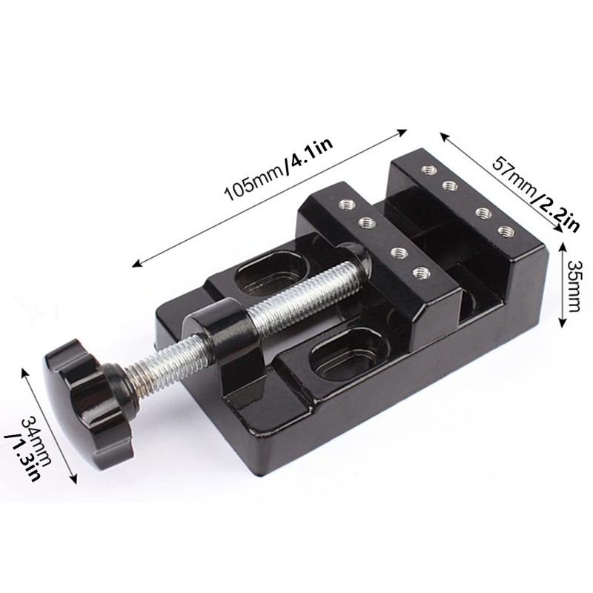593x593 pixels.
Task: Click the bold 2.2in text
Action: (x=557, y=212)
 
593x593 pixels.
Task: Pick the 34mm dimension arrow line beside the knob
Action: (x=53, y=423)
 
